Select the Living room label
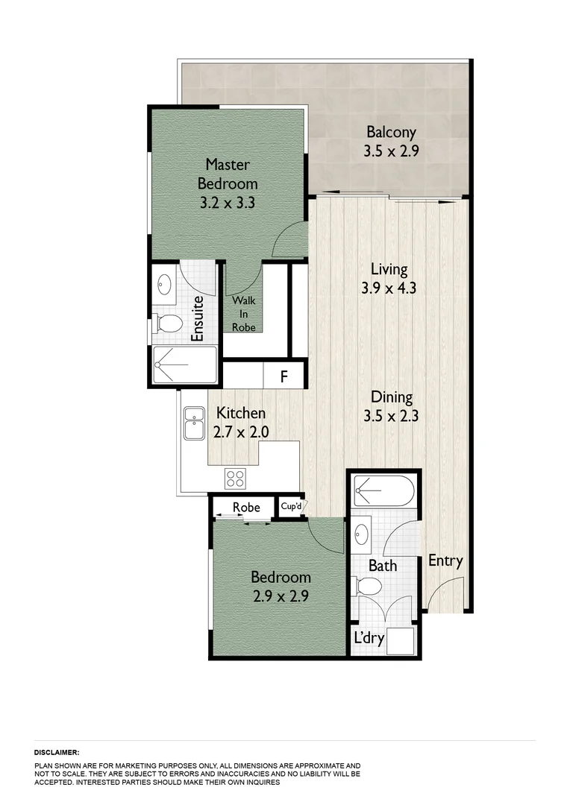click(389, 269)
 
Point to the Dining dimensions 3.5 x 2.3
click(391, 416)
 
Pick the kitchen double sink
click(195, 423)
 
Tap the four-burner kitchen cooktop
click(237, 477)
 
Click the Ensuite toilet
click(169, 324)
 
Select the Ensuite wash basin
click(165, 284)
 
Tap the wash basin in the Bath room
click(363, 534)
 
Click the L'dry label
click(368, 639)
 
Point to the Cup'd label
click(291, 507)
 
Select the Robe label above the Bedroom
click(246, 508)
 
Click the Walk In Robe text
click(244, 314)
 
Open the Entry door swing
click(446, 593)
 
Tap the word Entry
click(445, 561)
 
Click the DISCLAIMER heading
click(57, 753)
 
